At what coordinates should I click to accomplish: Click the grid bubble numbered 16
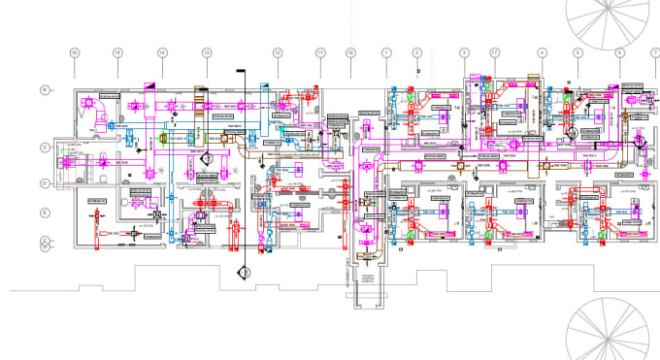tap(73, 52)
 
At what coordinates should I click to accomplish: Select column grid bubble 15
tap(116, 52)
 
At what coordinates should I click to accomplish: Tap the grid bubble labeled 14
tap(162, 52)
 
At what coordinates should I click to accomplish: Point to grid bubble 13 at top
tap(206, 52)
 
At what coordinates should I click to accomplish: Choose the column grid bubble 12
tap(277, 52)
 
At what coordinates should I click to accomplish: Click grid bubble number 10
tap(350, 52)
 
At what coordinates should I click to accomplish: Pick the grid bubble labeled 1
tap(385, 52)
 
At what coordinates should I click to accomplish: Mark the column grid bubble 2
tap(417, 52)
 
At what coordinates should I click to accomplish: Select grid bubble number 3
tap(464, 52)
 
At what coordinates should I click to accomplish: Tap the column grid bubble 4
tap(542, 52)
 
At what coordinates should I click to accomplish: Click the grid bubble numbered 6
tap(619, 52)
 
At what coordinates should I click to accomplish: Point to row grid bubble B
tap(45, 89)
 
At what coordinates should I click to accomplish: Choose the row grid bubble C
tap(45, 147)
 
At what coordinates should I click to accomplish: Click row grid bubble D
tap(45, 181)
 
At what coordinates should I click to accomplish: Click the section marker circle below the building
tap(247, 274)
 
